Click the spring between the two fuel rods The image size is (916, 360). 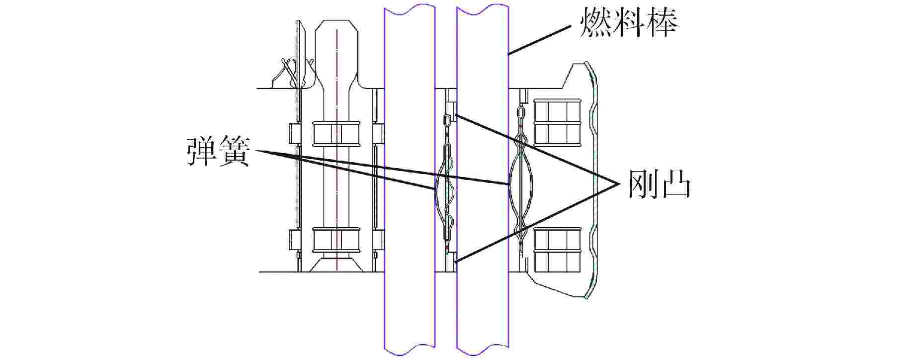pos(446,184)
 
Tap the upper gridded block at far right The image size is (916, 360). pos(557,121)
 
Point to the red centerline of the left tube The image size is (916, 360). pos(337,150)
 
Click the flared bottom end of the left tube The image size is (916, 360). pos(336,263)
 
